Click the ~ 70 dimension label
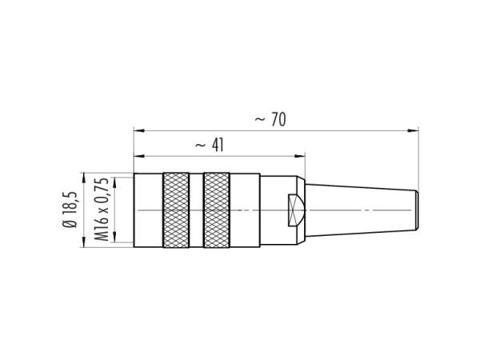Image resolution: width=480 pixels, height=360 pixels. tap(270, 120)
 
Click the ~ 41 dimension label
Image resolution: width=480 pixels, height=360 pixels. tap(210, 145)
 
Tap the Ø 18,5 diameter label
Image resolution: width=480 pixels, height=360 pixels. tap(70, 210)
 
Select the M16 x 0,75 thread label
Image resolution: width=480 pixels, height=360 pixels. tap(101, 210)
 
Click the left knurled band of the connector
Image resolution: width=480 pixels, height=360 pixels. tap(176, 210)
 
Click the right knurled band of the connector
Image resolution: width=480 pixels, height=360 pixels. tap(217, 210)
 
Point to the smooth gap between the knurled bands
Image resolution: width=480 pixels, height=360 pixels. tap(196, 210)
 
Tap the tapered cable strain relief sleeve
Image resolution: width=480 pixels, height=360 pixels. tap(362, 210)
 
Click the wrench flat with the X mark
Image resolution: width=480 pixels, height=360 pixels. tap(296, 210)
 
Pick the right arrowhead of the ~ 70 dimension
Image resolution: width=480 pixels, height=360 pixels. tap(414, 130)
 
